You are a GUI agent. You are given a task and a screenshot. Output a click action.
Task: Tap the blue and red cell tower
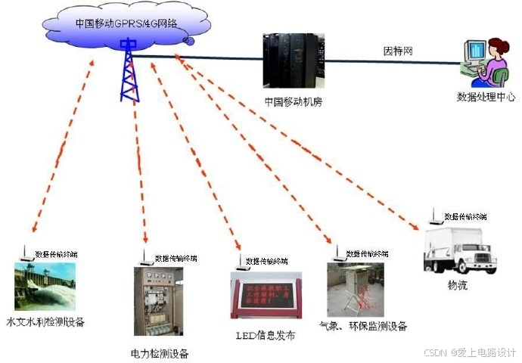pos(129,70)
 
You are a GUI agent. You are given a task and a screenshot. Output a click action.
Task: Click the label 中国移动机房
pos(294,101)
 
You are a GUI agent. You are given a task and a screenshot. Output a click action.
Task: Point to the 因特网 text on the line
pos(398,51)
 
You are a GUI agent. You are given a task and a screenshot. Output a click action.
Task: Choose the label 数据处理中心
pos(486,97)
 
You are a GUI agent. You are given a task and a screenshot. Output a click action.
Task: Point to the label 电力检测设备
pos(159,353)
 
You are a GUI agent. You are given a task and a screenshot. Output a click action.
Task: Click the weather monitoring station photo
pos(355,290)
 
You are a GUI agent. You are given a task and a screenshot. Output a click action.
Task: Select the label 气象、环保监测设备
pos(363,327)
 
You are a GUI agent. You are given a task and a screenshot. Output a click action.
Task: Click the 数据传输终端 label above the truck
pos(468,216)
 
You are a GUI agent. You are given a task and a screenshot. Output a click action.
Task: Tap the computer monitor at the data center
pos(476,55)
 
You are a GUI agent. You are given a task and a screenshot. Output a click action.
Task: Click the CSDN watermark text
pos(469,352)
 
